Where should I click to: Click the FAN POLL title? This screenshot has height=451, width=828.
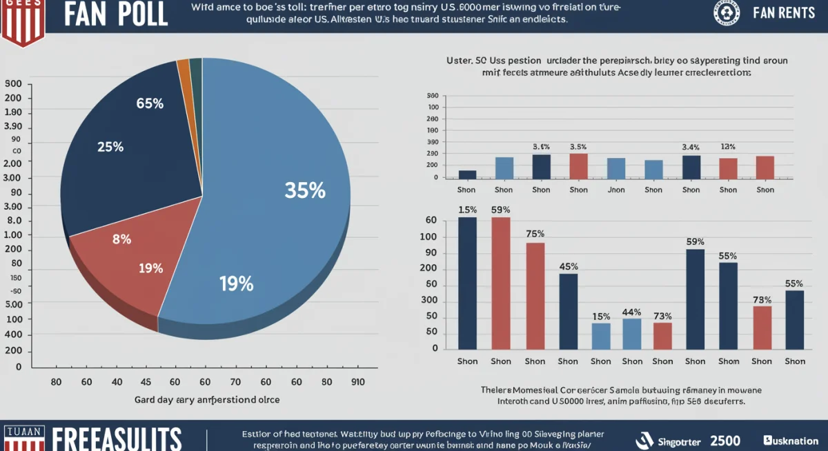(x=116, y=15)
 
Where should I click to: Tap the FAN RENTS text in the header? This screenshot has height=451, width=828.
(x=784, y=14)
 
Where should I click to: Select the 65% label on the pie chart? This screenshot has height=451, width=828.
(x=150, y=104)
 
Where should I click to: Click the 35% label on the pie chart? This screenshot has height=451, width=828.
(x=305, y=190)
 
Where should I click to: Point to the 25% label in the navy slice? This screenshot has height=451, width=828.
(x=110, y=147)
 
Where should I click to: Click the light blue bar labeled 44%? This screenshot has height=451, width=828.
(x=631, y=333)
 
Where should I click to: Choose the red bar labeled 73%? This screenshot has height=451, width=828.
(x=662, y=335)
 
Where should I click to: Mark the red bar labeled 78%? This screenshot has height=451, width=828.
(x=762, y=327)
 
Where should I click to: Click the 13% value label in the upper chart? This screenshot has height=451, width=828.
(x=728, y=147)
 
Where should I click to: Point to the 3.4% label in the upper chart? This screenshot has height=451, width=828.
(x=691, y=147)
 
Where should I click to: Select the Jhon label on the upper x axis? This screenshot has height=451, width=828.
(x=615, y=190)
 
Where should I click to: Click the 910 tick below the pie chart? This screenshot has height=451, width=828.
(x=358, y=381)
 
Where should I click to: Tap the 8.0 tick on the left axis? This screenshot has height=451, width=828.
(x=14, y=221)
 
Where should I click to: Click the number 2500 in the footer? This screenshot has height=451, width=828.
(x=725, y=441)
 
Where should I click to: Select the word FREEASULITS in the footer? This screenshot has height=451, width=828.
(x=117, y=439)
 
